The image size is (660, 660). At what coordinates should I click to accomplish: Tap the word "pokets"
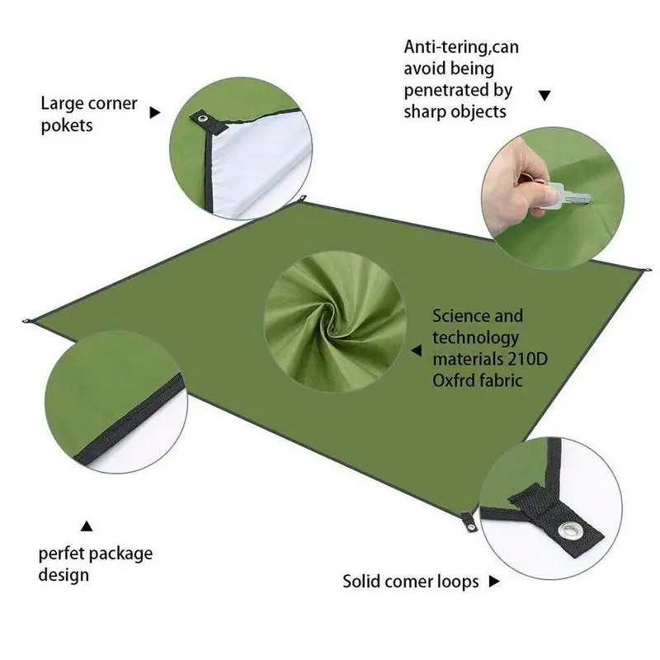(67, 126)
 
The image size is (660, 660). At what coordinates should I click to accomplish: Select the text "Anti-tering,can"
(460, 47)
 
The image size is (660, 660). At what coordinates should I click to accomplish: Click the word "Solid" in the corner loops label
(363, 582)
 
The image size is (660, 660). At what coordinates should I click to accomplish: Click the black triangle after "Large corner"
(153, 111)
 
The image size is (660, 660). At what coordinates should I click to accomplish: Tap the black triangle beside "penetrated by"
(544, 96)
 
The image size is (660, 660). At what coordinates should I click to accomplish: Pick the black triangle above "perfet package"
(86, 525)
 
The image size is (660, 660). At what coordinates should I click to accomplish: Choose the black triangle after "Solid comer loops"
(494, 582)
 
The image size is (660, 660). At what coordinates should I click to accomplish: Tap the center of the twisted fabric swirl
(337, 324)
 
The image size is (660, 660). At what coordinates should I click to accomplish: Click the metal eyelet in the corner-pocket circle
(203, 121)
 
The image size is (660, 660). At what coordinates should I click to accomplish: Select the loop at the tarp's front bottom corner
(468, 521)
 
